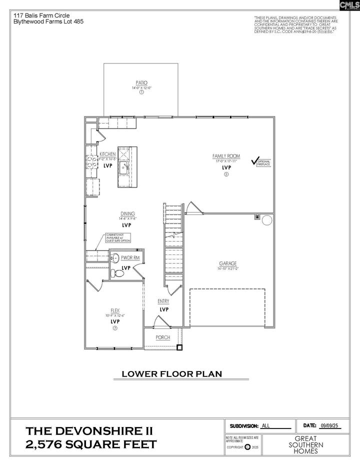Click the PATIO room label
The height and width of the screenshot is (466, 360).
pyautogui.click(x=141, y=83)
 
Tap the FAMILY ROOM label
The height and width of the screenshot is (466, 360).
pyautogui.click(x=225, y=156)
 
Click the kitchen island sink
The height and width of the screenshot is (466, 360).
pyautogui.click(x=123, y=167)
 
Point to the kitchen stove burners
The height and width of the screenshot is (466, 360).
pyautogui.click(x=92, y=161)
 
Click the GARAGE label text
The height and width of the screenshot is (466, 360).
pyautogui.click(x=227, y=263)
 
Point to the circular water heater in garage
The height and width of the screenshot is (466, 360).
pyautogui.click(x=267, y=220)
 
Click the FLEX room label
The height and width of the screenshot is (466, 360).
pyautogui.click(x=115, y=310)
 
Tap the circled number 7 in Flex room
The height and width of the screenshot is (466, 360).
pyautogui.click(x=115, y=328)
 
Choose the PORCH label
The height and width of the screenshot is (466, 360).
pyautogui.click(x=163, y=337)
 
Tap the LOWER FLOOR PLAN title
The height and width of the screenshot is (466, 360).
pyautogui.click(x=172, y=373)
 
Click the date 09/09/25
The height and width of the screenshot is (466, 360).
pyautogui.click(x=328, y=425)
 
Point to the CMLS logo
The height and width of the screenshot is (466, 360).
pyautogui.click(x=348, y=6)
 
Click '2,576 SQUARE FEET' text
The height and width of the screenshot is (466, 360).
pyautogui.click(x=91, y=444)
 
